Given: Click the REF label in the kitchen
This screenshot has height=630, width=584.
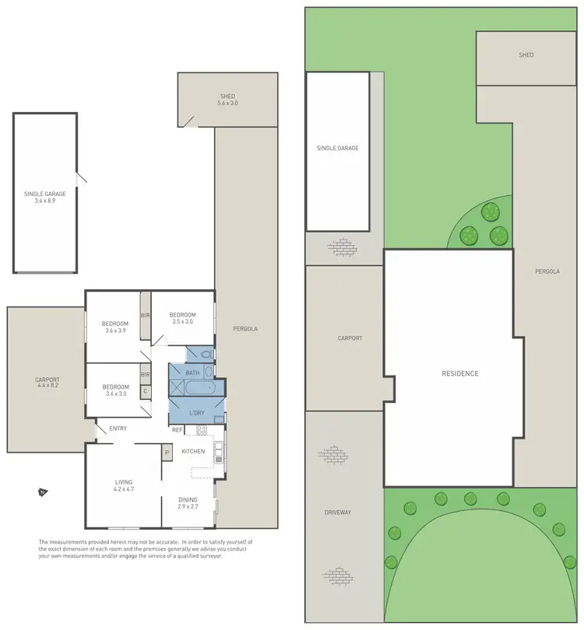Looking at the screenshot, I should point(177,429).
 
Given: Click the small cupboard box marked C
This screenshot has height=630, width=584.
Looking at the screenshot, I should point(145,391).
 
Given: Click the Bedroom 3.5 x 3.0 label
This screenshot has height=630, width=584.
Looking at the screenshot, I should point(181,317).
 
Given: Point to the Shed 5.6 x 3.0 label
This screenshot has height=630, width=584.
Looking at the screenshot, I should point(227,100).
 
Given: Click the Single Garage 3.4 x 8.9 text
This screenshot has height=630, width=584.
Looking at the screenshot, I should point(44,196).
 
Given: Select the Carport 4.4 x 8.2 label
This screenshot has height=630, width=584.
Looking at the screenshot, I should point(47,383).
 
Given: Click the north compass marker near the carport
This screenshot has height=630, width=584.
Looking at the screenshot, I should point(41,492).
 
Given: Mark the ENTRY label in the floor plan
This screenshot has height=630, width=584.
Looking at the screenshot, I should point(118,429).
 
